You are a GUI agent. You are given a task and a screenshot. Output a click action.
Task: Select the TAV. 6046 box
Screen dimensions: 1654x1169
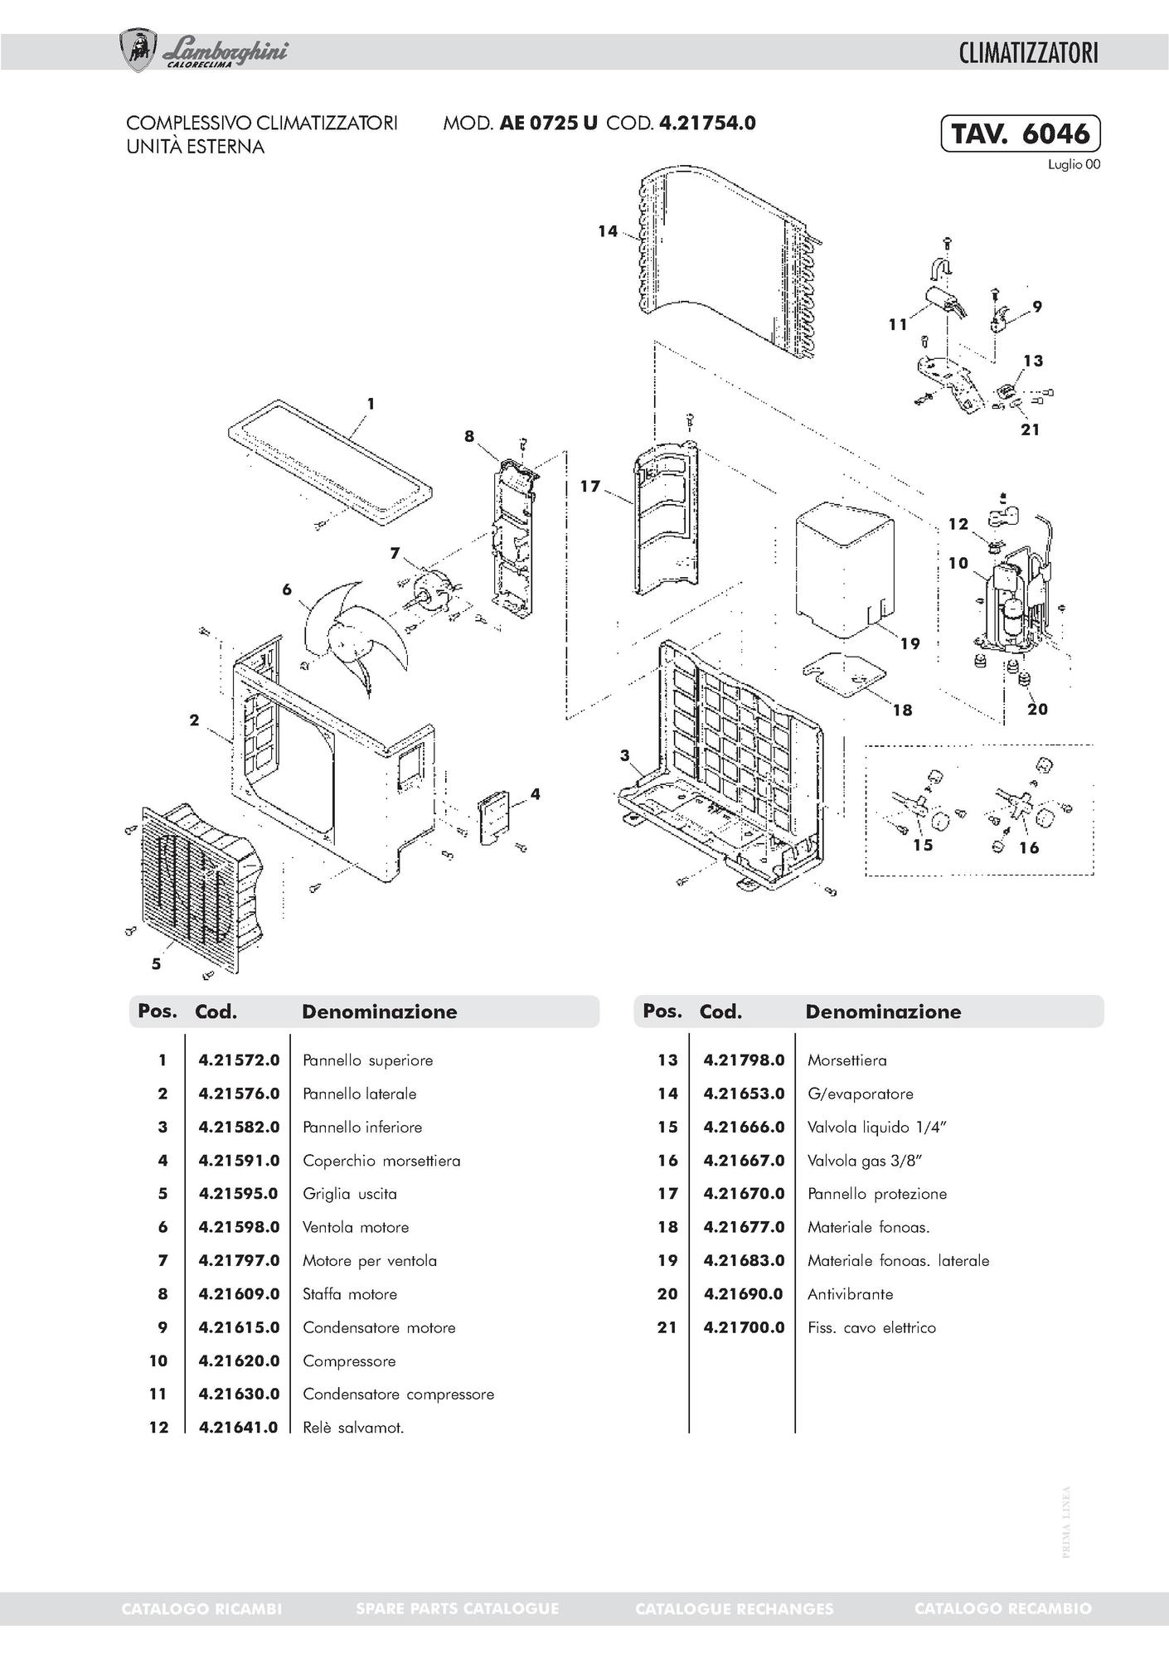pos(1020,133)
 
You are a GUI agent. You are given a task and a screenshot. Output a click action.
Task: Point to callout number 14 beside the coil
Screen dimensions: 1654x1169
pos(608,230)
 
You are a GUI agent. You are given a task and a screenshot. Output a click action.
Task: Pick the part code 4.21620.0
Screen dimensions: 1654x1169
pos(239,1361)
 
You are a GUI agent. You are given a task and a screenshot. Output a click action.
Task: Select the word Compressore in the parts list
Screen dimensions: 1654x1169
pos(349,1361)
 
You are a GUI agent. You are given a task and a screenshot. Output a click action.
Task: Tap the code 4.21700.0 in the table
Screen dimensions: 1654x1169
pos(744,1327)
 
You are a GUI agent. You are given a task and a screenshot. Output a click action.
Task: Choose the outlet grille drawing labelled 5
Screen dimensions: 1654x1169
pos(199,887)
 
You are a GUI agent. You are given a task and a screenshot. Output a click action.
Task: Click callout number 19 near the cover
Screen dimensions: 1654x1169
pos(909,643)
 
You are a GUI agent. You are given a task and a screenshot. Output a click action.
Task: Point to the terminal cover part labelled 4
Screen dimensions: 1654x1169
pos(495,817)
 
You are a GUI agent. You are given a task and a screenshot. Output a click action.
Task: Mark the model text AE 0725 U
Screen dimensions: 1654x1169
pos(548,123)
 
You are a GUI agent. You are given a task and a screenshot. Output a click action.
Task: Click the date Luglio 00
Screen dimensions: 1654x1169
pos(1074,165)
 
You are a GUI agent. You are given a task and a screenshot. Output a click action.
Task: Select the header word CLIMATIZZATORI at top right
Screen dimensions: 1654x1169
pos(1028,53)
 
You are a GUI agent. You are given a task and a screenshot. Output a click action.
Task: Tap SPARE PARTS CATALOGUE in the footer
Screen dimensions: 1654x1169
pos(457,1608)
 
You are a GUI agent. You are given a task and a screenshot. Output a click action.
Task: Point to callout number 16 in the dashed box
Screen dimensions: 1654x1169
pos(1029,847)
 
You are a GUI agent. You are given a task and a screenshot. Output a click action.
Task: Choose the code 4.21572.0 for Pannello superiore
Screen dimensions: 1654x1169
pos(239,1060)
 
